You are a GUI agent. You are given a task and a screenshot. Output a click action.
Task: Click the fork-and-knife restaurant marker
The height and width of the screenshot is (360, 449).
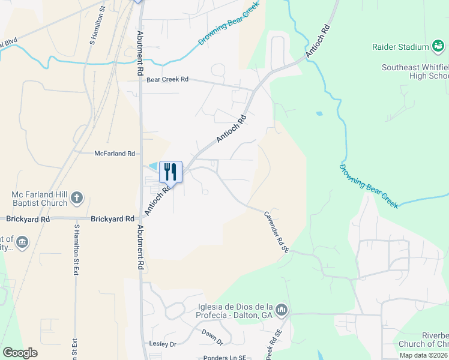click(x=170, y=172)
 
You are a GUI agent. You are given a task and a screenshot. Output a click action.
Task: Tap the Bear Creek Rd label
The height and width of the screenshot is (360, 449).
click(x=167, y=79)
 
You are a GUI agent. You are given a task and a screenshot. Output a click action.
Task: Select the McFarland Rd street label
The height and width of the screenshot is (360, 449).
click(x=115, y=154)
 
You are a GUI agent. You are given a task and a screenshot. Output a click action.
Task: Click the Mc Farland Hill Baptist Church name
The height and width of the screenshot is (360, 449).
click(x=40, y=199)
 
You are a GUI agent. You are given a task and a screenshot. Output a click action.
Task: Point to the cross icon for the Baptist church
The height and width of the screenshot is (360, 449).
click(x=77, y=197)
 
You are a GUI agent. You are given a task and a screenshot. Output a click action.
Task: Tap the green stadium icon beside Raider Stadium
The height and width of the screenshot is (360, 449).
click(x=439, y=47)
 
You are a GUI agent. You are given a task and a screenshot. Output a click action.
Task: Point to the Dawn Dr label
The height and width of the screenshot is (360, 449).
click(x=212, y=337)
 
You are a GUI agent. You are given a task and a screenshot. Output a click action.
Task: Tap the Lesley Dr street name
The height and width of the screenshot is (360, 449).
click(x=162, y=344)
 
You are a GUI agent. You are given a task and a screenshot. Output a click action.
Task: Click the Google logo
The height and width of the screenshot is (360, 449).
click(x=20, y=353)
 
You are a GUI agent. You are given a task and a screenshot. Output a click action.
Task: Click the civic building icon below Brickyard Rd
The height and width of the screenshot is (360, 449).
click(x=23, y=242)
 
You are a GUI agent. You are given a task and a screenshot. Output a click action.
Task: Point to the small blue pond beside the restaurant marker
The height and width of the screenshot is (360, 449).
click(x=153, y=166)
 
